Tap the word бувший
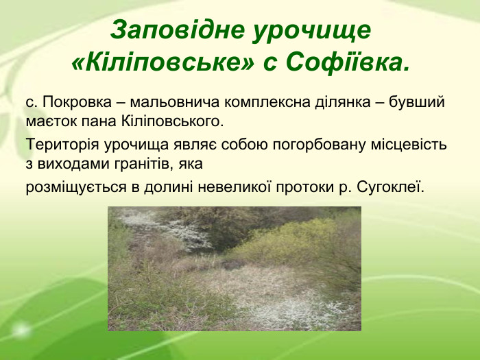point(417,103)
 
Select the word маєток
point(48,123)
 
